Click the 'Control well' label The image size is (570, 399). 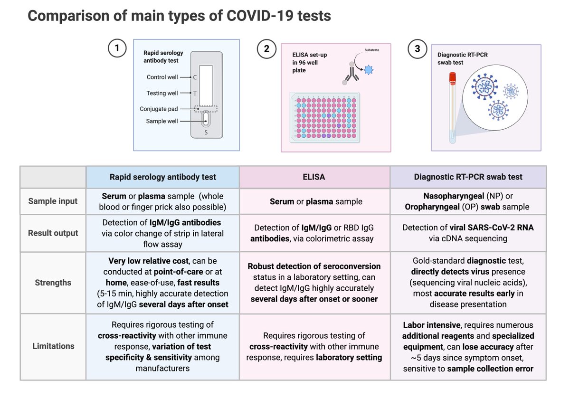[162, 77]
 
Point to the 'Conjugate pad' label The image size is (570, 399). [159, 109]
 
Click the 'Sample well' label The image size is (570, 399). [162, 122]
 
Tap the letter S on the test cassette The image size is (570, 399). [206, 132]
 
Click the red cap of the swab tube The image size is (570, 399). [453, 76]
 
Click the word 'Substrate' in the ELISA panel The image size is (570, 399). [372, 49]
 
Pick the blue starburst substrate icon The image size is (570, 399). [369, 70]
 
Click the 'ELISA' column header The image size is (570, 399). [314, 177]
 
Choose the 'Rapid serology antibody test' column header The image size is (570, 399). [162, 177]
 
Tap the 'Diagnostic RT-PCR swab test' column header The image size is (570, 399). [468, 177]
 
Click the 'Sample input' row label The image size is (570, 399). [53, 201]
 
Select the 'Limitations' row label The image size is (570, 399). [53, 346]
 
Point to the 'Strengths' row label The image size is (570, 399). [53, 283]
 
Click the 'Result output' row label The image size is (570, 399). [53, 233]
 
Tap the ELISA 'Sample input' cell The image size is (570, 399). [314, 201]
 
